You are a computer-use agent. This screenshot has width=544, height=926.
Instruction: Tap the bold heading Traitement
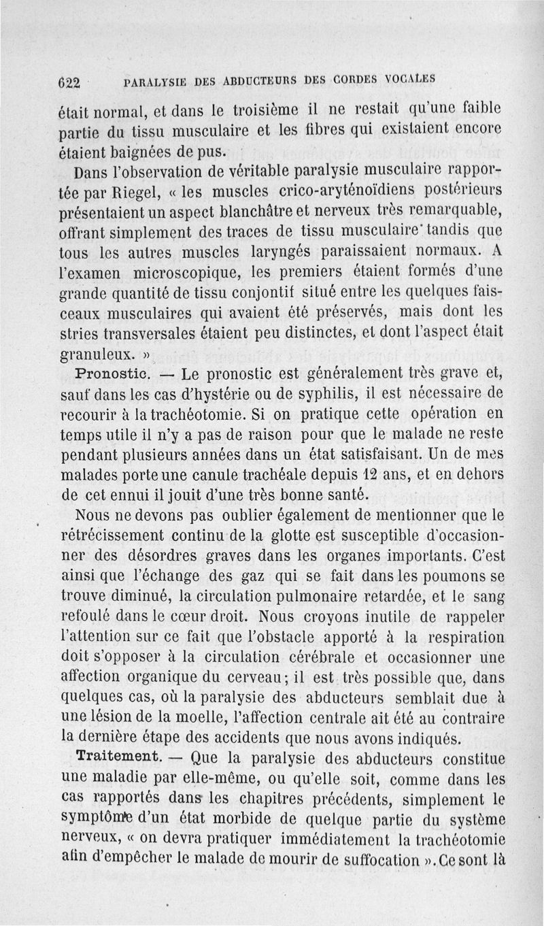(x=119, y=756)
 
